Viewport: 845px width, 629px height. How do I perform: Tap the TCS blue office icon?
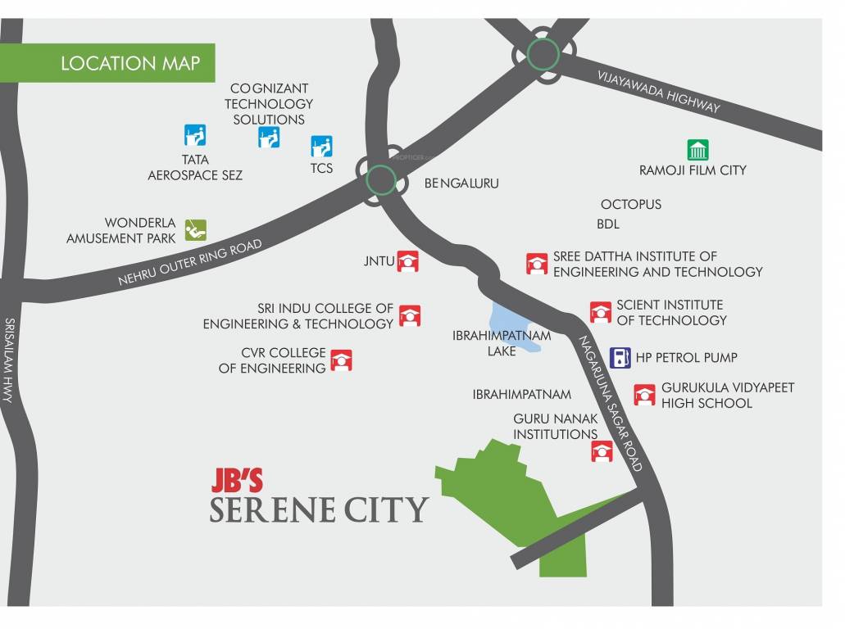click(321, 147)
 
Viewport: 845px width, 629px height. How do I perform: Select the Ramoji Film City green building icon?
click(697, 150)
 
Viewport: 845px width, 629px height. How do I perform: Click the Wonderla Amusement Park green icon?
click(195, 230)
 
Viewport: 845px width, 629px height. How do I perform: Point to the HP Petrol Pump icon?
click(621, 358)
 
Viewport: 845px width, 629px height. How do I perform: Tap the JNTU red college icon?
click(408, 261)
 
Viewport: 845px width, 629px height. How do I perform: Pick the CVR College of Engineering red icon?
click(341, 360)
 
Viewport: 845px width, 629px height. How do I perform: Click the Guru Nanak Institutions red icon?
click(602, 450)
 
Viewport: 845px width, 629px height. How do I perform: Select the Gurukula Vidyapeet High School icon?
click(645, 395)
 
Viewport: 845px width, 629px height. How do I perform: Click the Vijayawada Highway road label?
click(659, 91)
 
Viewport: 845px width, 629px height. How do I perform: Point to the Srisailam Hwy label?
click(10, 360)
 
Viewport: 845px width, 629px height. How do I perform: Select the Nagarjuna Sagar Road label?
click(611, 403)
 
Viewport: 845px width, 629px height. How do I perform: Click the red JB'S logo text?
click(237, 480)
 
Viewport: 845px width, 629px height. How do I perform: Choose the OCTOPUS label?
click(630, 204)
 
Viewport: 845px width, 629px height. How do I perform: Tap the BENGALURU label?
click(461, 183)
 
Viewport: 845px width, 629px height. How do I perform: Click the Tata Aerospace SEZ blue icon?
click(194, 135)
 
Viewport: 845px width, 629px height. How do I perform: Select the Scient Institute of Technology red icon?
click(601, 312)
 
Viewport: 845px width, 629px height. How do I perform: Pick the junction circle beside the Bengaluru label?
click(381, 179)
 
